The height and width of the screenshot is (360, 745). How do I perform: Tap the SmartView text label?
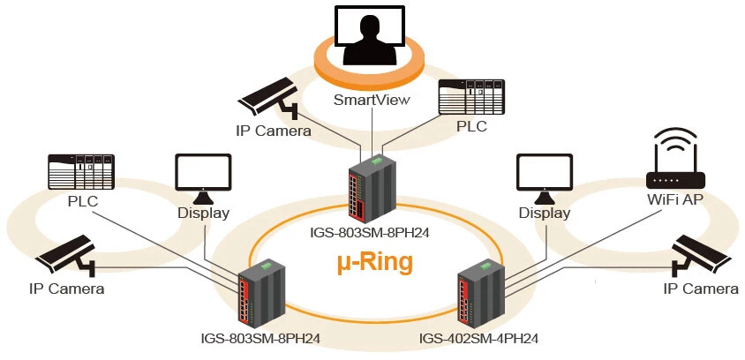pos(372,100)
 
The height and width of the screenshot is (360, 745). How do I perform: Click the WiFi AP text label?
pos(675,200)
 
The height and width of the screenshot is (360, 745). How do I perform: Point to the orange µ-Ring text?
pos(375,262)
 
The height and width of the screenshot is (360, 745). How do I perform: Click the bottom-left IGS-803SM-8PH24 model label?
pos(260,338)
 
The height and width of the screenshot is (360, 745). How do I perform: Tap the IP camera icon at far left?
pos(66,254)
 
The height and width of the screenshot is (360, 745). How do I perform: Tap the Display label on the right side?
pos(544,213)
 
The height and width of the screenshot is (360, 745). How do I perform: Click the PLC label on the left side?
pos(82,201)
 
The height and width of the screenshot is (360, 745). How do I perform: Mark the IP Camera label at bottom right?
pos(701,289)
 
